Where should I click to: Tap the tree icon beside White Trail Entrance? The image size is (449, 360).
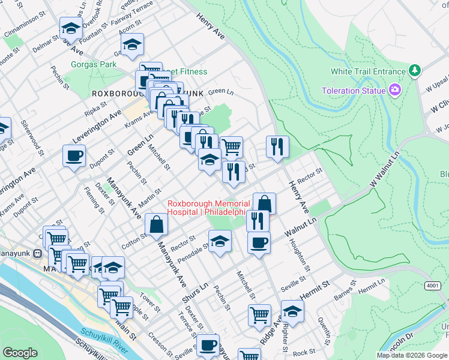[x=414, y=71]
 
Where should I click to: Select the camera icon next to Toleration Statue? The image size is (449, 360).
[x=395, y=91]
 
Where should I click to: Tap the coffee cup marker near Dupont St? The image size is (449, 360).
[x=74, y=156]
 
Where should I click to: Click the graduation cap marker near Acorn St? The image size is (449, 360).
[x=132, y=43]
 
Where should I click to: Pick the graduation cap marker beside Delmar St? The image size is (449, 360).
[x=71, y=28]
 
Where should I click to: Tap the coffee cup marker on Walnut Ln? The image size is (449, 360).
[x=259, y=242]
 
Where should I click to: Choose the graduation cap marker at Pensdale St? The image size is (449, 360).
[x=220, y=241]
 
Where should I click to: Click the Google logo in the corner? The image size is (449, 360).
[x=20, y=353]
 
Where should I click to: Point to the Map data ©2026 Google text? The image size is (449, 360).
[x=411, y=355]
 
